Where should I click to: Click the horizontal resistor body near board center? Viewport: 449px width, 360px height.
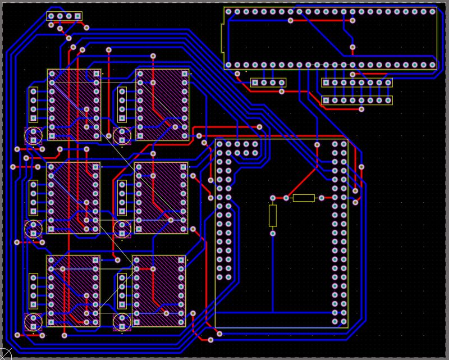(304, 198)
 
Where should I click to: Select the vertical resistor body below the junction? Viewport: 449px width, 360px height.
(273, 215)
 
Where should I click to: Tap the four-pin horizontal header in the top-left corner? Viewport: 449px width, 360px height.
(65, 16)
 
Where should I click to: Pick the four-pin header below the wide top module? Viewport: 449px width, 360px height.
(268, 83)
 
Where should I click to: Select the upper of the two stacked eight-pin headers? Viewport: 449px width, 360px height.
(356, 83)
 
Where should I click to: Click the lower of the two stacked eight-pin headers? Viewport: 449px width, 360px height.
(356, 101)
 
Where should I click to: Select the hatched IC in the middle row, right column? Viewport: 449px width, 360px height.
(161, 198)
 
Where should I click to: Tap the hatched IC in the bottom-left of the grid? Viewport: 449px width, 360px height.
(73, 290)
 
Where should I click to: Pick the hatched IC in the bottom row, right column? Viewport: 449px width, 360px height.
(159, 290)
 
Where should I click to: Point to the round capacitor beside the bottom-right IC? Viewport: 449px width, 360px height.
(121, 321)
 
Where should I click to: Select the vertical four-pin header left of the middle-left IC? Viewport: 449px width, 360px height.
(34, 198)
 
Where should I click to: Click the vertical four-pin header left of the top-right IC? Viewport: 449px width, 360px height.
(122, 104)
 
